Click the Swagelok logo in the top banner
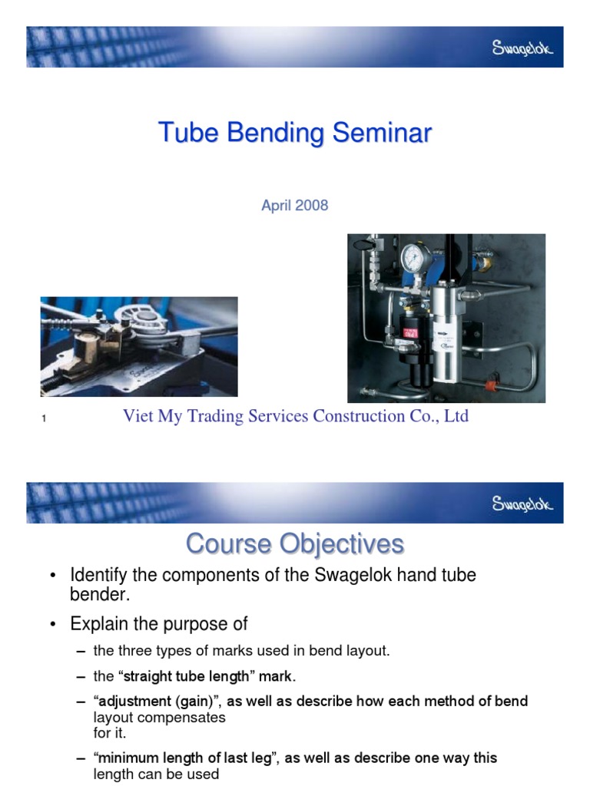tap(522, 48)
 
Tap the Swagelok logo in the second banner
tap(522, 504)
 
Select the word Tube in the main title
tap(183, 133)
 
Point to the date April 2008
tap(294, 206)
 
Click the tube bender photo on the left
tap(139, 346)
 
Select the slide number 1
tap(45, 418)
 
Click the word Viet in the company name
tap(139, 416)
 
